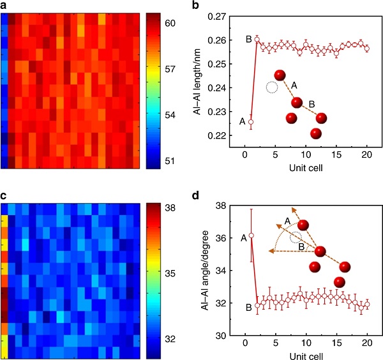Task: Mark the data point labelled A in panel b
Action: [251, 122]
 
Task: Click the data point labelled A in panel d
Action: [251, 236]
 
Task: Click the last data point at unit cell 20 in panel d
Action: [367, 304]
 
